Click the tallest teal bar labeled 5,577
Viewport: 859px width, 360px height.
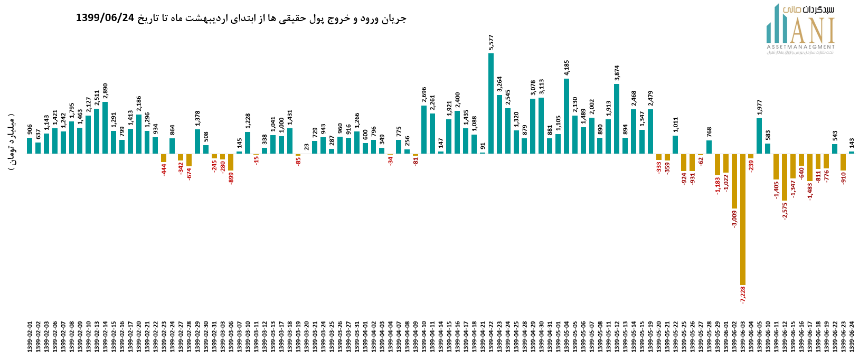491,103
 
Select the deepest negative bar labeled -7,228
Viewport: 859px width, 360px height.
743,219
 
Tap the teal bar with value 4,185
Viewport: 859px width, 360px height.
567,116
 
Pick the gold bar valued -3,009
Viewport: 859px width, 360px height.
734,181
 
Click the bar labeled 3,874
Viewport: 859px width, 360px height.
617,119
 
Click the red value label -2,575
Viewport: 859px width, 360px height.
785,211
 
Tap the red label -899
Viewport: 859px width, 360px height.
231,178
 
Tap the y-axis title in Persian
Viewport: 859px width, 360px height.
12,141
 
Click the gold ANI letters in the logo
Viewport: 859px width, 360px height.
811,31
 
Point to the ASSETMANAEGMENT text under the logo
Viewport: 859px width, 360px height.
800,47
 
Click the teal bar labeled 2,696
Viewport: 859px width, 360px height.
424,130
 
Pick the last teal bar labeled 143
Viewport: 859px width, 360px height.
852,153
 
